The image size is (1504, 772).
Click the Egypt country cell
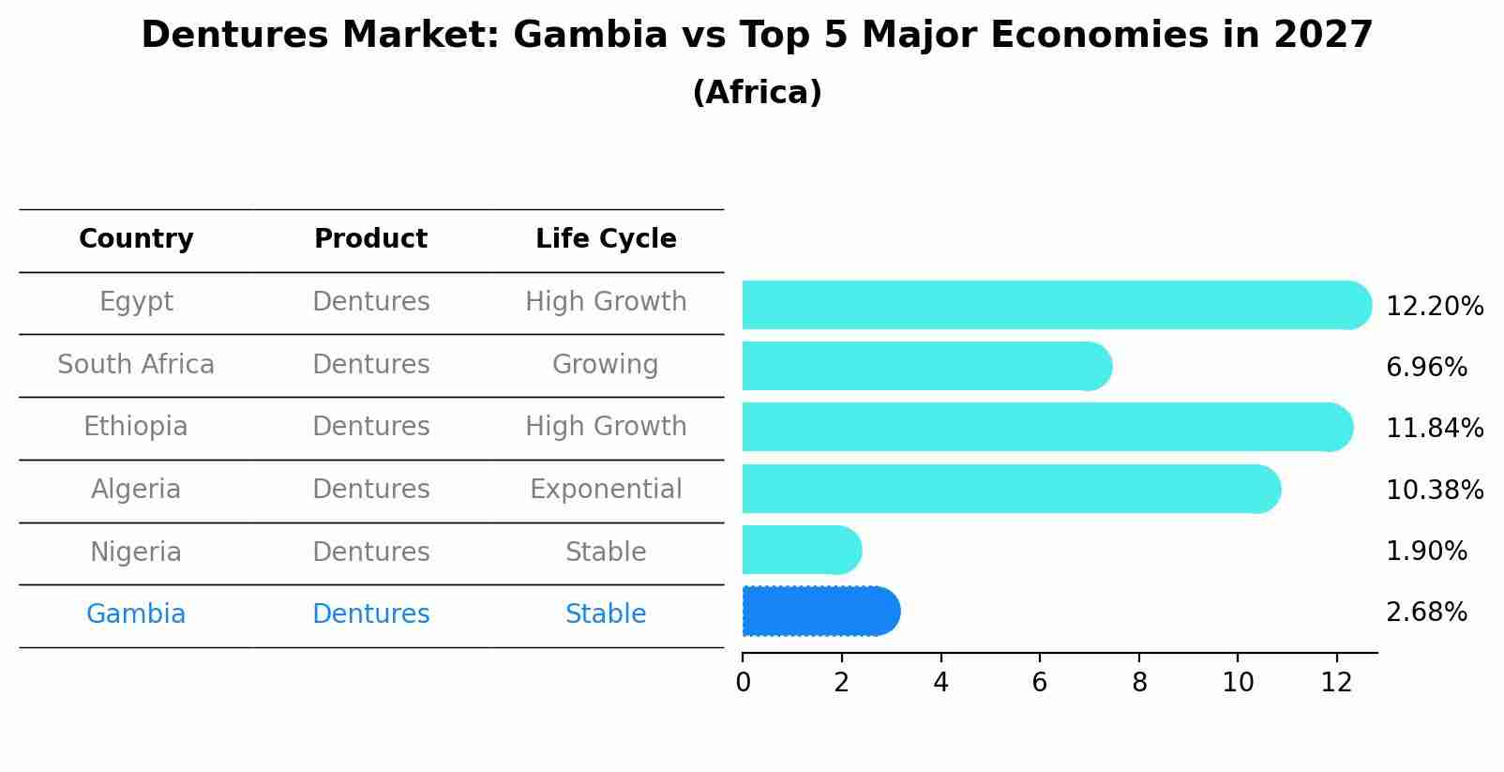coord(136,302)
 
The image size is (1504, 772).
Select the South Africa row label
coord(136,365)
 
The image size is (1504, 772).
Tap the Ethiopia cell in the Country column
coord(136,427)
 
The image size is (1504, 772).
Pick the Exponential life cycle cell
coord(606,490)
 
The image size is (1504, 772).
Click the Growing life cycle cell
coord(606,365)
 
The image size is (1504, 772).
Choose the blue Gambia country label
coord(136,614)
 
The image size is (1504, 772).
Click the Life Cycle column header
coord(606,239)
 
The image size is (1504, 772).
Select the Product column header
coord(370,239)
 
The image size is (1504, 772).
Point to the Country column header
coord(136,239)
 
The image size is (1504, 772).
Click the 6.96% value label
coord(1426,368)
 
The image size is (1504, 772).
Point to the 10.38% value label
coord(1435,491)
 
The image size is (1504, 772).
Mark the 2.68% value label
coord(1426,613)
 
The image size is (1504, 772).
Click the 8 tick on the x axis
coord(1139,683)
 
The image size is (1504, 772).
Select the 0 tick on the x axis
coord(743,683)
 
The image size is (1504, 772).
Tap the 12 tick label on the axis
coord(1336,683)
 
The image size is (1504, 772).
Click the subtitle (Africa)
coord(757,93)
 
